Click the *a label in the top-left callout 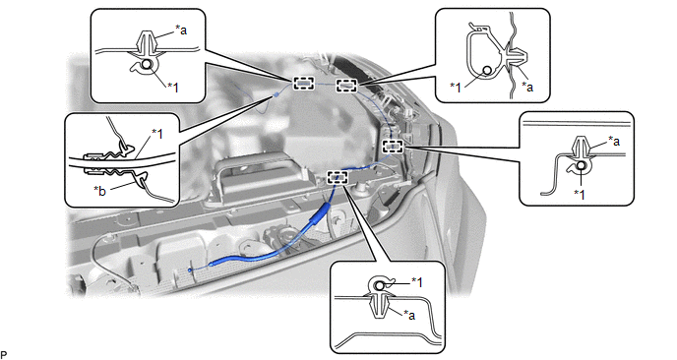(181, 30)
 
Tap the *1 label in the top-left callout (173, 88)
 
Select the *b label (99, 191)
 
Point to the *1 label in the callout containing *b (157, 134)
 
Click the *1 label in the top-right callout (456, 88)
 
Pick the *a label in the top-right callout (527, 87)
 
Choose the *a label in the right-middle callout (614, 141)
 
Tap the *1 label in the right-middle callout (580, 194)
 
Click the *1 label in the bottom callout (416, 282)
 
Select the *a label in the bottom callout (409, 315)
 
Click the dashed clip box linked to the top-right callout (346, 86)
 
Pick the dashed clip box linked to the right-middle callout (393, 147)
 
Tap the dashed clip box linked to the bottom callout (338, 177)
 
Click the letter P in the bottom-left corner (4, 354)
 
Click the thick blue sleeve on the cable (318, 218)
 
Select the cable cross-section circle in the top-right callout (487, 71)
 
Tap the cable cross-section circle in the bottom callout (379, 285)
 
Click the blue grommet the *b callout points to (276, 94)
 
